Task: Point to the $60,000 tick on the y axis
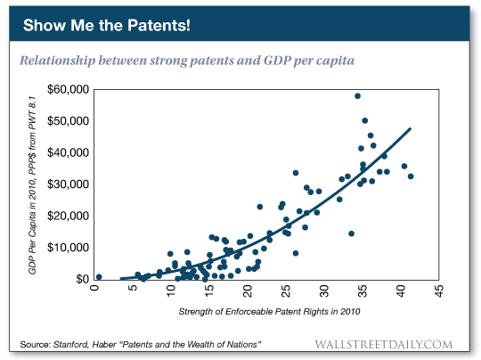pos(69,89)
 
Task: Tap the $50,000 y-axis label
pos(69,121)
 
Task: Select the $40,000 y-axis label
pos(69,152)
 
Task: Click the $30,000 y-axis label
pos(69,184)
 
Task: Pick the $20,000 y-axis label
pos(69,216)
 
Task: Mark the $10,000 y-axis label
pos(69,248)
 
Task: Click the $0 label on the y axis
pos(80,279)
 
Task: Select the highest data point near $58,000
pos(357,96)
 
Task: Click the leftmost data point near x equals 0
pos(99,277)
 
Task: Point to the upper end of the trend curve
pos(410,128)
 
